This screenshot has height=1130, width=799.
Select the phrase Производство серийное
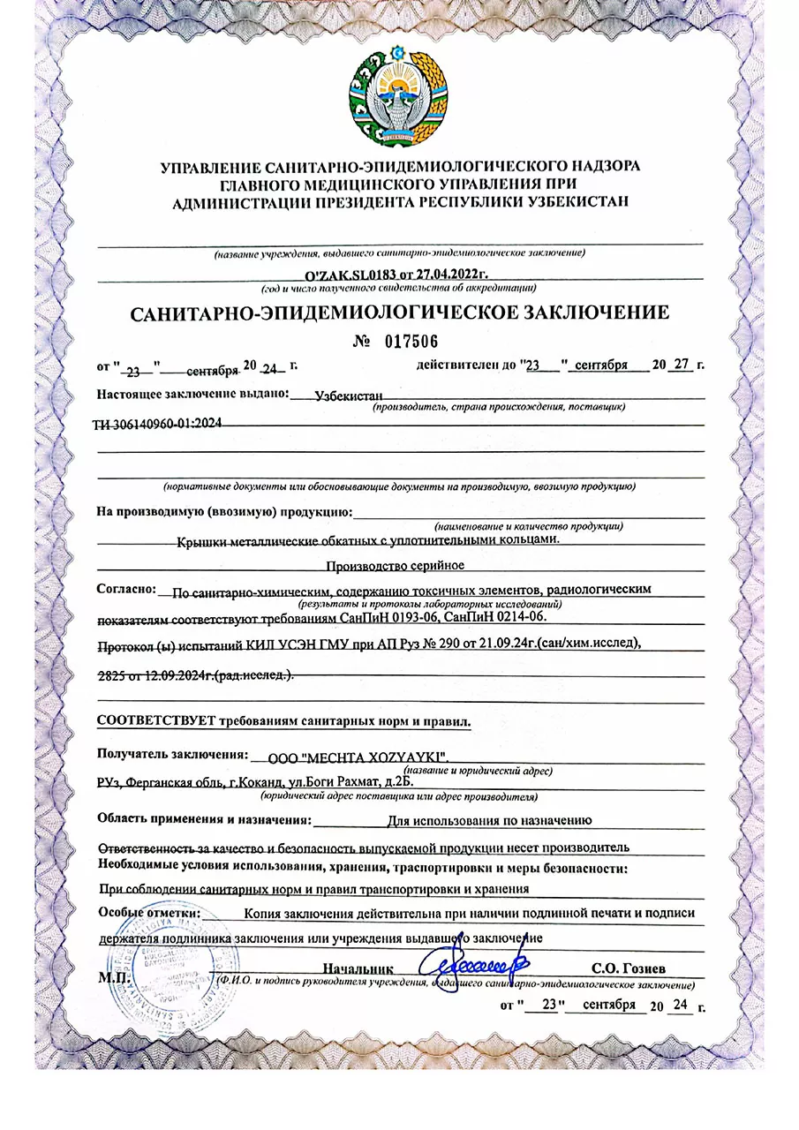click(395, 565)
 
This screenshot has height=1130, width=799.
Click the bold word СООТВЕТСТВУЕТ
click(155, 721)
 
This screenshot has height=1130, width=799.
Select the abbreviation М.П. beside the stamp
click(113, 979)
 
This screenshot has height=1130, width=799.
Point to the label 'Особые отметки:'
click(150, 911)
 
